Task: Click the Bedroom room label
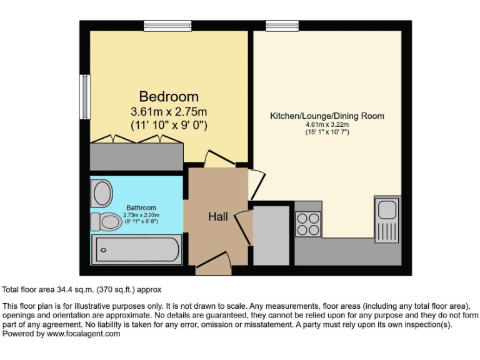[x=169, y=97]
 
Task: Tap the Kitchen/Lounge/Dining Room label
[x=327, y=116]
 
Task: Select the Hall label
[x=218, y=217]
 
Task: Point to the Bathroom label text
[x=141, y=207]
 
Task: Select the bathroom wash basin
[x=101, y=193]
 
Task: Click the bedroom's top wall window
[x=159, y=26]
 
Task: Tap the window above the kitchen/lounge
[x=274, y=26]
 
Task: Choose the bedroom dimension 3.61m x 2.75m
[x=169, y=112]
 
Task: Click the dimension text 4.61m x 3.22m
[x=327, y=124]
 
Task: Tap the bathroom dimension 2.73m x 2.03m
[x=141, y=215]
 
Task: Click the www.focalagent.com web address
[x=83, y=334]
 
